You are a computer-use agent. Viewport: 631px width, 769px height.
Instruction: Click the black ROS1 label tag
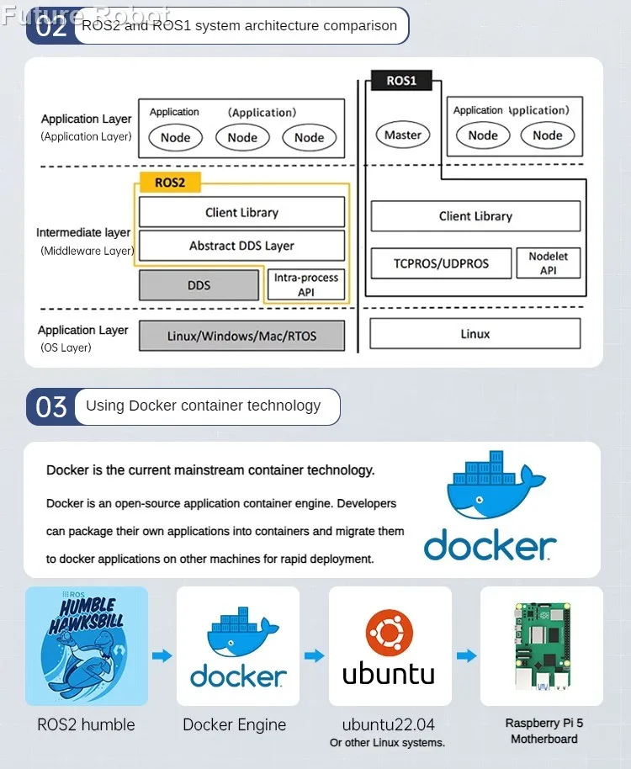[x=401, y=81]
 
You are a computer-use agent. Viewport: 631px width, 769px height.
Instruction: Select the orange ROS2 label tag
[x=170, y=183]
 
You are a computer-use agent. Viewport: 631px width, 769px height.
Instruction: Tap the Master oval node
[x=403, y=135]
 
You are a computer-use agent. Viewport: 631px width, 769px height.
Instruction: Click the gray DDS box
[x=199, y=285]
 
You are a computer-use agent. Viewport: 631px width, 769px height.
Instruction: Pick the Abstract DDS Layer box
[x=241, y=246]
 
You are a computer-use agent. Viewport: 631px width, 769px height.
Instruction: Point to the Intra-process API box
[x=306, y=284]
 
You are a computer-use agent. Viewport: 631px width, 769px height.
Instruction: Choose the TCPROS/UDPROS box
[x=441, y=263]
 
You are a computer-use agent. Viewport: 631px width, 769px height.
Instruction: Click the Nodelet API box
[x=549, y=263]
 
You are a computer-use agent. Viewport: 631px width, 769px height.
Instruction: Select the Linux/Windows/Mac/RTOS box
[x=241, y=336]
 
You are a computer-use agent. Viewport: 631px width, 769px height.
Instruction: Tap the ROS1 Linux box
[x=475, y=334]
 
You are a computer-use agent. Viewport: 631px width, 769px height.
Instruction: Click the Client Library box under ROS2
[x=241, y=212]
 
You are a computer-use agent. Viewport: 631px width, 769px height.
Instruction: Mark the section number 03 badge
[x=51, y=406]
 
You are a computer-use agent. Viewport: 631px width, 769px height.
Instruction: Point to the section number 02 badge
[x=51, y=26]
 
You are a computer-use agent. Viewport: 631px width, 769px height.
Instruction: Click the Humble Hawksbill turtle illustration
[x=87, y=646]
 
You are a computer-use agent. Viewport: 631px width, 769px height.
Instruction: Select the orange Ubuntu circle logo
[x=390, y=633]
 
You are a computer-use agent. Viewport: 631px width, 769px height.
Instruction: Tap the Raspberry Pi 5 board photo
[x=543, y=646]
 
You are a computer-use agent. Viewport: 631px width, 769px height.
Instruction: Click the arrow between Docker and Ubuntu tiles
[x=315, y=655]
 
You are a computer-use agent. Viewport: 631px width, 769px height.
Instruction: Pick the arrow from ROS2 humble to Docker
[x=162, y=655]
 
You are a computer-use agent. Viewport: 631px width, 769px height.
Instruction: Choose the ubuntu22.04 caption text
[x=389, y=724]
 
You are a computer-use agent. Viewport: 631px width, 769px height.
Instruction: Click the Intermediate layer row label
[x=83, y=232]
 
